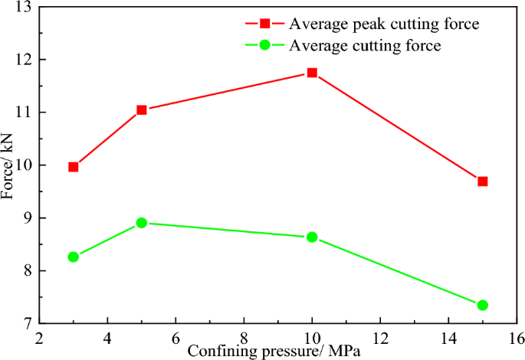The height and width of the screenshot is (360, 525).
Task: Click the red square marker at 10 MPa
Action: tap(312, 73)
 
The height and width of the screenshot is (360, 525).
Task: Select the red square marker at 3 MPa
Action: tap(74, 166)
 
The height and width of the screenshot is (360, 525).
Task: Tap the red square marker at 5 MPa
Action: tap(141, 110)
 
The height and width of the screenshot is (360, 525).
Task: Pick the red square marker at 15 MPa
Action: tap(482, 182)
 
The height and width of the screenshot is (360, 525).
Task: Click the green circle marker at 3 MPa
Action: tap(74, 257)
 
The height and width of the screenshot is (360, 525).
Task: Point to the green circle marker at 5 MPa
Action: tap(141, 223)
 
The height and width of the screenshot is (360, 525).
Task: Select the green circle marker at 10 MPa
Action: tap(312, 237)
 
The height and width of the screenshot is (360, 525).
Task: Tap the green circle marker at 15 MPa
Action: tap(482, 305)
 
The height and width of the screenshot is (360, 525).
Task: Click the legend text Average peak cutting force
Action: tap(384, 25)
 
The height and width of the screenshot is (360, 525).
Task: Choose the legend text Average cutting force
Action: tap(365, 45)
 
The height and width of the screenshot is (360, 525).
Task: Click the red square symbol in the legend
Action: tap(265, 25)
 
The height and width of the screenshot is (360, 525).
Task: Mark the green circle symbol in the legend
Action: tap(265, 45)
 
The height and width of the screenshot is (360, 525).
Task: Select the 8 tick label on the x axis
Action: tap(244, 337)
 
